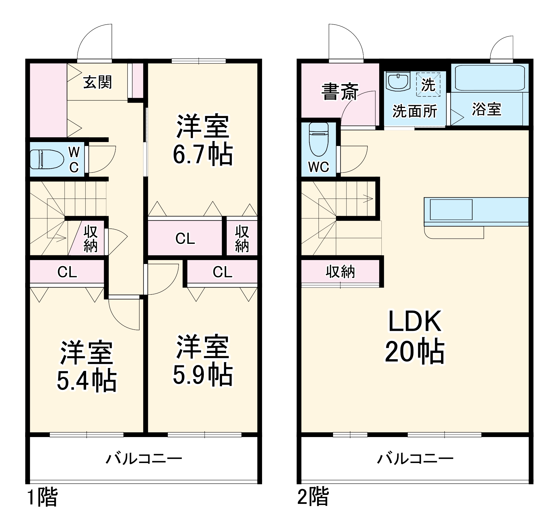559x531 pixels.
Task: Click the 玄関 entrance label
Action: (97, 82)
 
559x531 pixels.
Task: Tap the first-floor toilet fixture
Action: (47, 159)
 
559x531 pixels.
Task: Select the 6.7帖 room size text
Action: (203, 155)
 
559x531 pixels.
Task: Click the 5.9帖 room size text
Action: (203, 375)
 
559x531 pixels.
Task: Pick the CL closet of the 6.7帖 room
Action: (185, 238)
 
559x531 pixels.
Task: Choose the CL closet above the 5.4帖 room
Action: (67, 272)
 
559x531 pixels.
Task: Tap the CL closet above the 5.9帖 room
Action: (223, 272)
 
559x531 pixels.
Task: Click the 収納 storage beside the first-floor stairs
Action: (90, 239)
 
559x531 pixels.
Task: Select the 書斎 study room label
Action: (339, 91)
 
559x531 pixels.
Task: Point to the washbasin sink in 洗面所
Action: (398, 81)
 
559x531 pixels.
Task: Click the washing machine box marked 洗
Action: (428, 84)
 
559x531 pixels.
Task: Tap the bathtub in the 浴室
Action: (490, 78)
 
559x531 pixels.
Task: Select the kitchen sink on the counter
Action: (451, 209)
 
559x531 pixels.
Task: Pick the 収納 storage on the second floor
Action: (340, 272)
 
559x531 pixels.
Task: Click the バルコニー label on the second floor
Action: (415, 459)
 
